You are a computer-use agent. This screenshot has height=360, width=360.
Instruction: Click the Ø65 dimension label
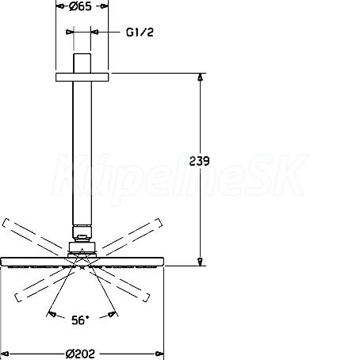80,6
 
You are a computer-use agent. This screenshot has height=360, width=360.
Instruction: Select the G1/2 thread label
140,33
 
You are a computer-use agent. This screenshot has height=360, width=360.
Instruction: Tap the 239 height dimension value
199,161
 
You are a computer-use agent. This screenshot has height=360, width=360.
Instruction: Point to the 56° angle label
80,320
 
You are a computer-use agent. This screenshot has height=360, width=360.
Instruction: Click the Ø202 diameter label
80,354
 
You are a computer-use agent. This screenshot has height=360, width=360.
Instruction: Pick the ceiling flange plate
82,77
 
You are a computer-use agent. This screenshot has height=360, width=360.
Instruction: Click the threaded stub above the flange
82,63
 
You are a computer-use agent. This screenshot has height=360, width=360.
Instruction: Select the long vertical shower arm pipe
82,153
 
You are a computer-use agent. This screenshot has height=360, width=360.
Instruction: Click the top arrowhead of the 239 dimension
201,77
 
